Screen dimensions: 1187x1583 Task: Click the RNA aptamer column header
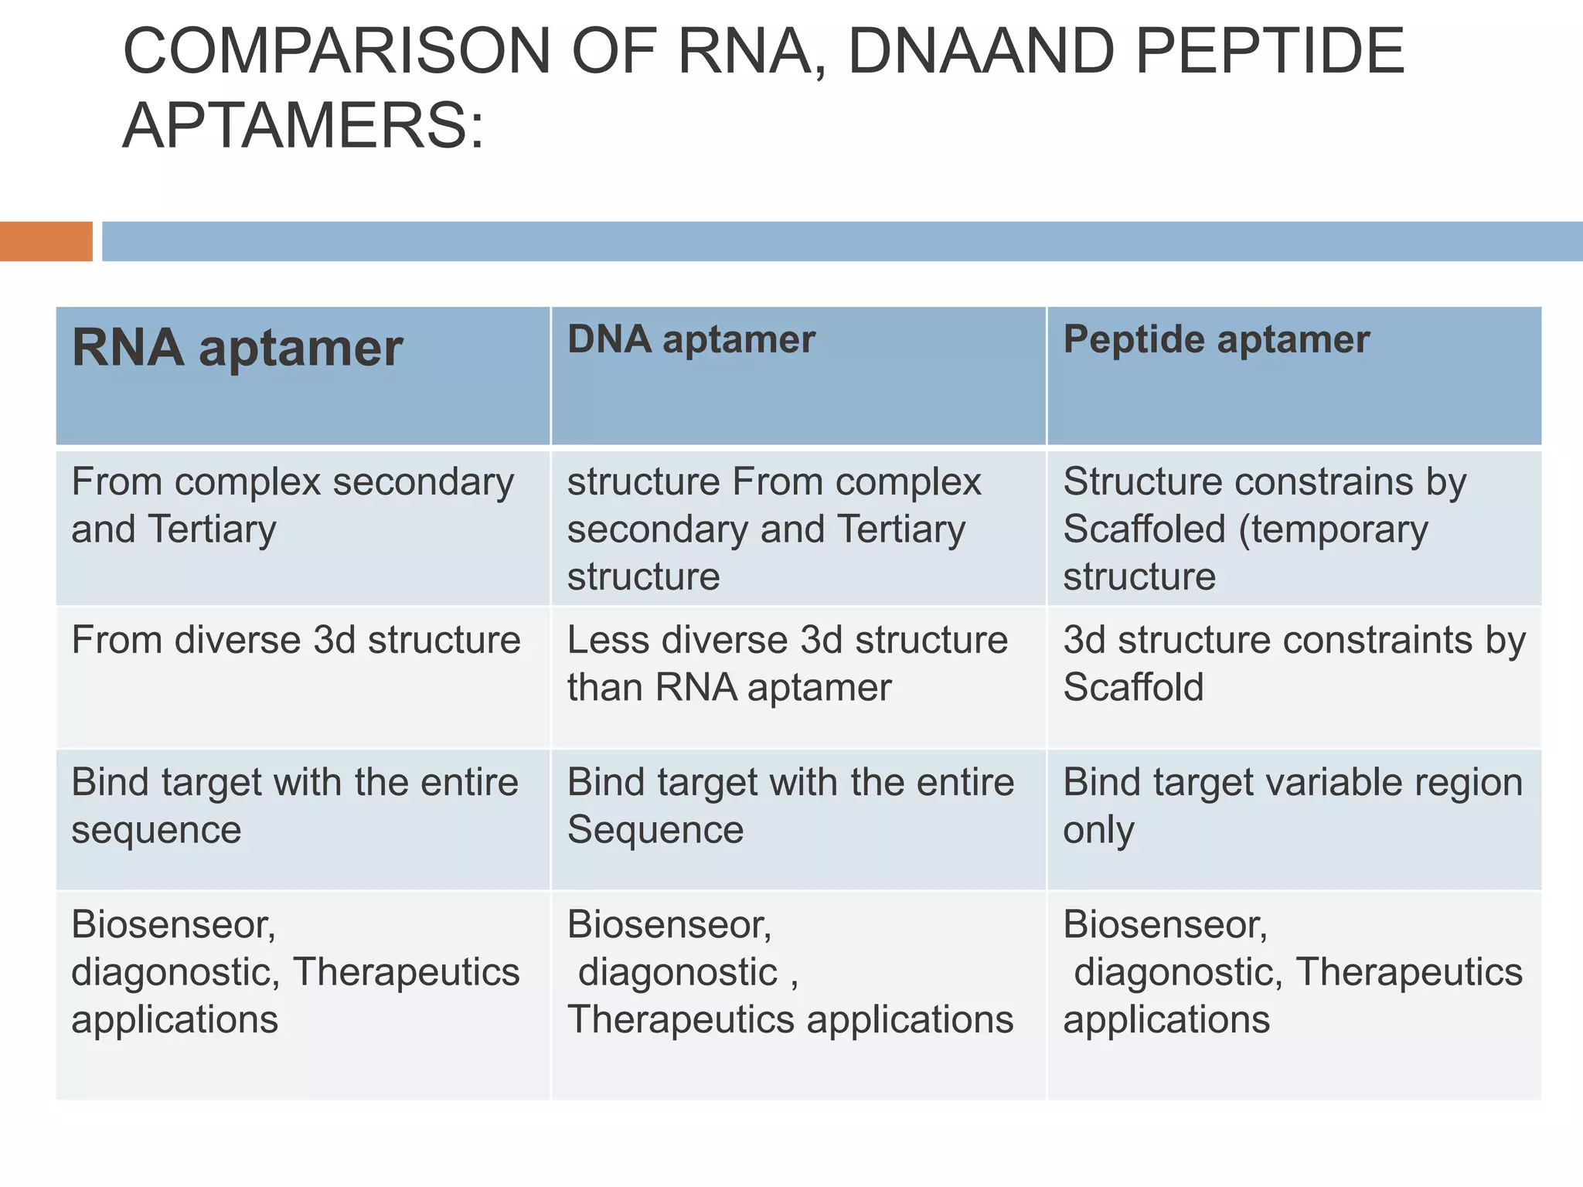[x=237, y=348]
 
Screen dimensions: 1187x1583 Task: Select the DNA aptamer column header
[x=690, y=339]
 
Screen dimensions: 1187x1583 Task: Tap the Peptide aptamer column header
[x=1216, y=339]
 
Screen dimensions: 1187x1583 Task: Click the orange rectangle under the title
[x=46, y=241]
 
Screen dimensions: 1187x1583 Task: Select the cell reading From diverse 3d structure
[x=296, y=641]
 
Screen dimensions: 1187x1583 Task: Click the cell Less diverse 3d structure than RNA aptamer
[x=787, y=663]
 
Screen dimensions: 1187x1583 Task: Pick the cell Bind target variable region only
[x=1292, y=805]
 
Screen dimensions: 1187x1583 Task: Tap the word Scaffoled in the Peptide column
[x=1144, y=530]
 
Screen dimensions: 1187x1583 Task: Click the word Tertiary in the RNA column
[x=212, y=530]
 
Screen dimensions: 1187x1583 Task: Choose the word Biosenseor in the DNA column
[x=669, y=925]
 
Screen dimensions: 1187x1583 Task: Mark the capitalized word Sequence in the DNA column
[x=655, y=830]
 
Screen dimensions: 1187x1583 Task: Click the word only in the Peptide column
[x=1098, y=830]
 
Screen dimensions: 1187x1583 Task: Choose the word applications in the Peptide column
[x=1166, y=1020]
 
